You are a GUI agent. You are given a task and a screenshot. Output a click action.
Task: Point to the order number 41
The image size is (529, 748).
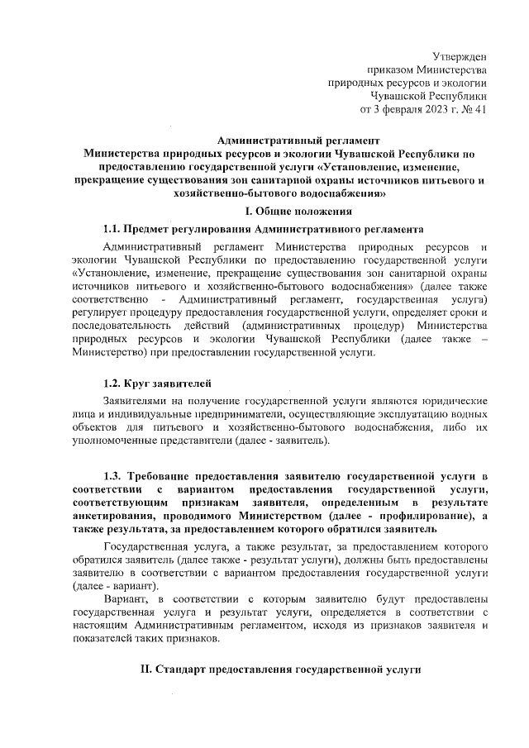(480, 109)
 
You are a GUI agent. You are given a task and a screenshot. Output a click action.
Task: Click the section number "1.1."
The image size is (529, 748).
(112, 228)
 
